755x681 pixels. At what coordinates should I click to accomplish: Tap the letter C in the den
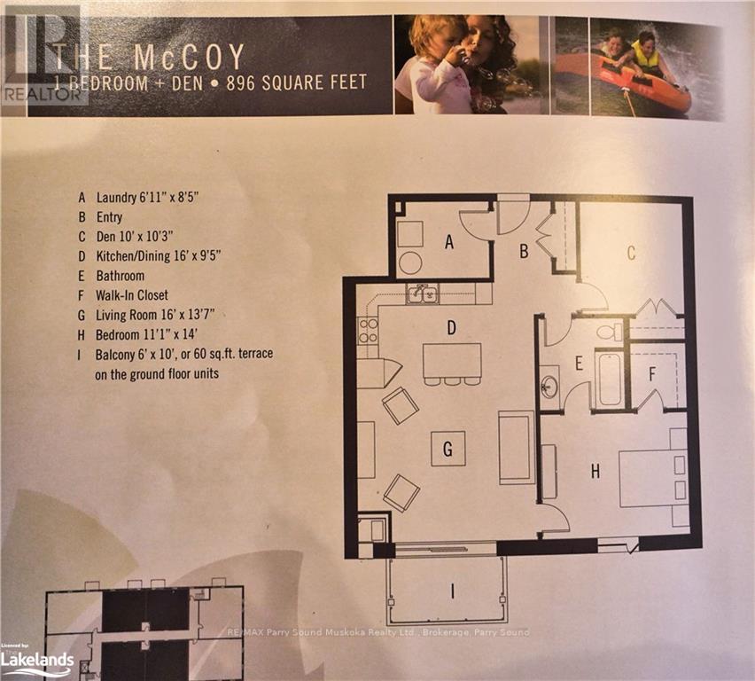(631, 253)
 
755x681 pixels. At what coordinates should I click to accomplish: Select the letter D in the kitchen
(451, 328)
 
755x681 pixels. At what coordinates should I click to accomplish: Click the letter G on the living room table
(448, 450)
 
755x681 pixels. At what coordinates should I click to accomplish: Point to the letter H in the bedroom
(595, 473)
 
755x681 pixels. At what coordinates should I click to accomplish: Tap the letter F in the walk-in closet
(651, 373)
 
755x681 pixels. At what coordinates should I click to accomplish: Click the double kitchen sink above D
(423, 294)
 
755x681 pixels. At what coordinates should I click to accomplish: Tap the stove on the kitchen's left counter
(368, 331)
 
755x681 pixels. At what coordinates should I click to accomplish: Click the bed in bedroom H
(653, 477)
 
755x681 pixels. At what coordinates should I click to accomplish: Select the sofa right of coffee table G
(516, 448)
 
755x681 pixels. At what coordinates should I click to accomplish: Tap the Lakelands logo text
(36, 659)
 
